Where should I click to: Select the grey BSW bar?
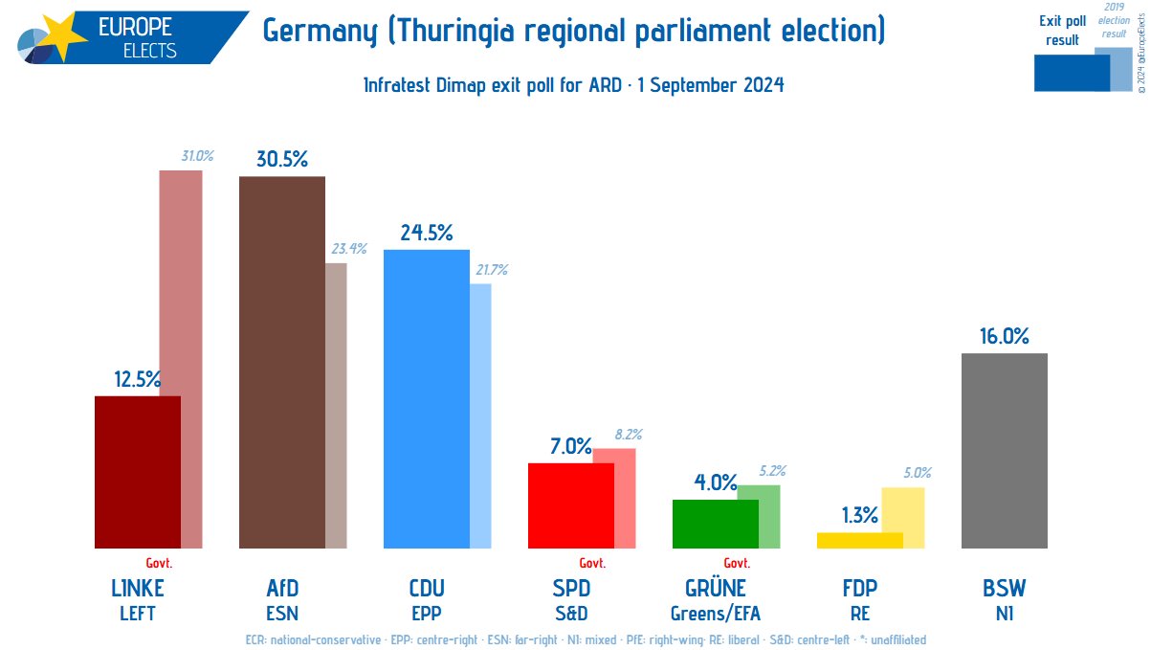pos(1004,451)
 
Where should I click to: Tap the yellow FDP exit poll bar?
pos(859,540)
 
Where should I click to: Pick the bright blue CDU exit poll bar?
pos(426,398)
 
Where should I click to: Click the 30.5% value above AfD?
pos(281,160)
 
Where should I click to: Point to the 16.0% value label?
pos(1004,336)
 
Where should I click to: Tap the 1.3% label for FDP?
pos(859,515)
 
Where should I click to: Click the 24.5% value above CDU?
pos(426,233)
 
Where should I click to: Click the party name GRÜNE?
pos(715,588)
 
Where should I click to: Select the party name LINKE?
pos(137,588)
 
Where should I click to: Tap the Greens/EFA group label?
pos(715,613)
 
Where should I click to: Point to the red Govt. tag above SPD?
pos(592,563)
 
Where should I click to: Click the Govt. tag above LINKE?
pos(159,563)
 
